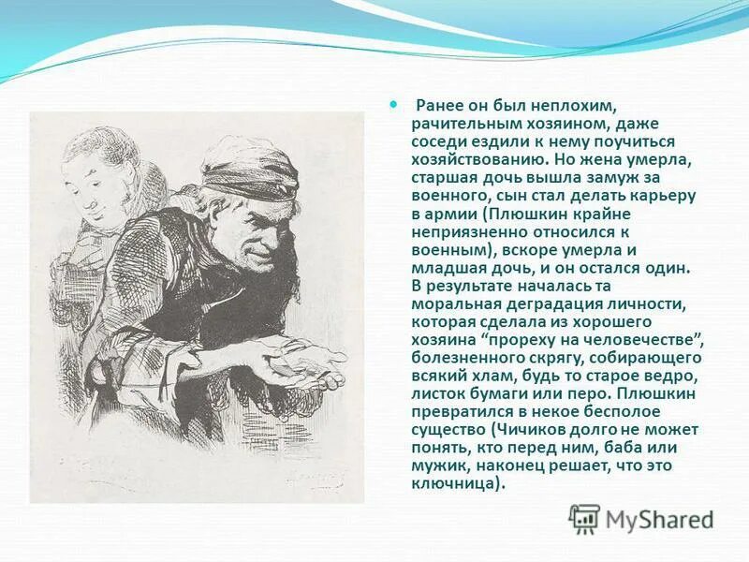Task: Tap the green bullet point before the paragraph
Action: [x=393, y=106]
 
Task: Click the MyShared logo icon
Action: [x=584, y=518]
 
